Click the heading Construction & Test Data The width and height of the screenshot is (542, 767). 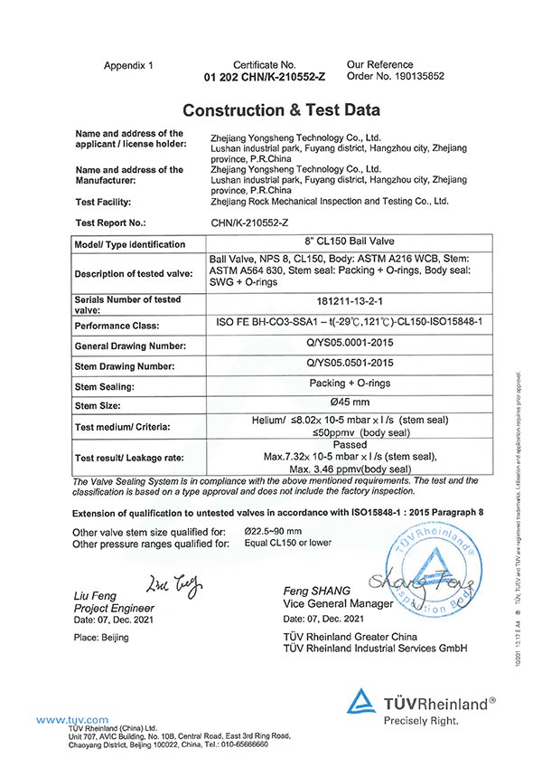281,110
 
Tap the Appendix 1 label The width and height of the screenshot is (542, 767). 129,66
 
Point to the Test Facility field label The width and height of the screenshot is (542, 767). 104,202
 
